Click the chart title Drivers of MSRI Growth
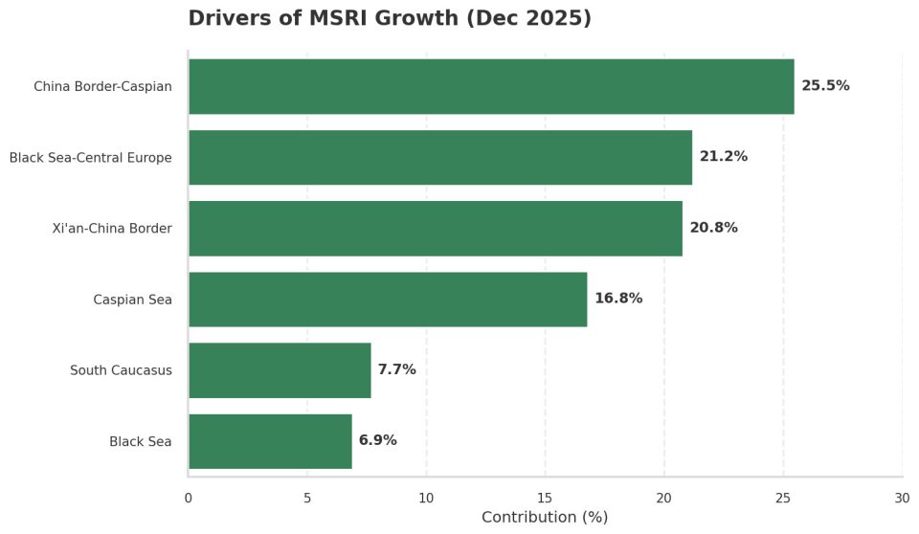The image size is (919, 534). click(x=389, y=18)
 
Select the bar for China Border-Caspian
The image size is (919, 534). click(x=490, y=86)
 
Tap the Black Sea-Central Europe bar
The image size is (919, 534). click(x=439, y=157)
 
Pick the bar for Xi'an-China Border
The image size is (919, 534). click(x=435, y=228)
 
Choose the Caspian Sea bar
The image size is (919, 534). click(x=387, y=299)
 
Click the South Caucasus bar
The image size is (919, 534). click(x=279, y=369)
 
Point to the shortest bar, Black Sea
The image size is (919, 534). click(x=269, y=441)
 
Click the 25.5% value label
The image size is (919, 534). click(x=825, y=86)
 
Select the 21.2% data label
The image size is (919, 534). click(x=723, y=157)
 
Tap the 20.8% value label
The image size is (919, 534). click(x=713, y=228)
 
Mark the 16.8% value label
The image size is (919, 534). click(x=618, y=299)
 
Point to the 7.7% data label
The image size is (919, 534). click(x=396, y=369)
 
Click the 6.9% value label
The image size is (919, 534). click(x=377, y=441)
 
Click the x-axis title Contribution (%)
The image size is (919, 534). click(x=544, y=517)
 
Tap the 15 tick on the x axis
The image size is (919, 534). click(x=545, y=497)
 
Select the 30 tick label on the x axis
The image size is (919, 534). click(x=902, y=497)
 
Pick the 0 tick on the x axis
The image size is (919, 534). click(x=188, y=497)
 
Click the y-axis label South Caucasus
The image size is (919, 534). click(x=121, y=370)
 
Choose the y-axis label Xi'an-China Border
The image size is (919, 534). click(x=112, y=229)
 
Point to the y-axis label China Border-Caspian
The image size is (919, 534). click(x=102, y=87)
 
